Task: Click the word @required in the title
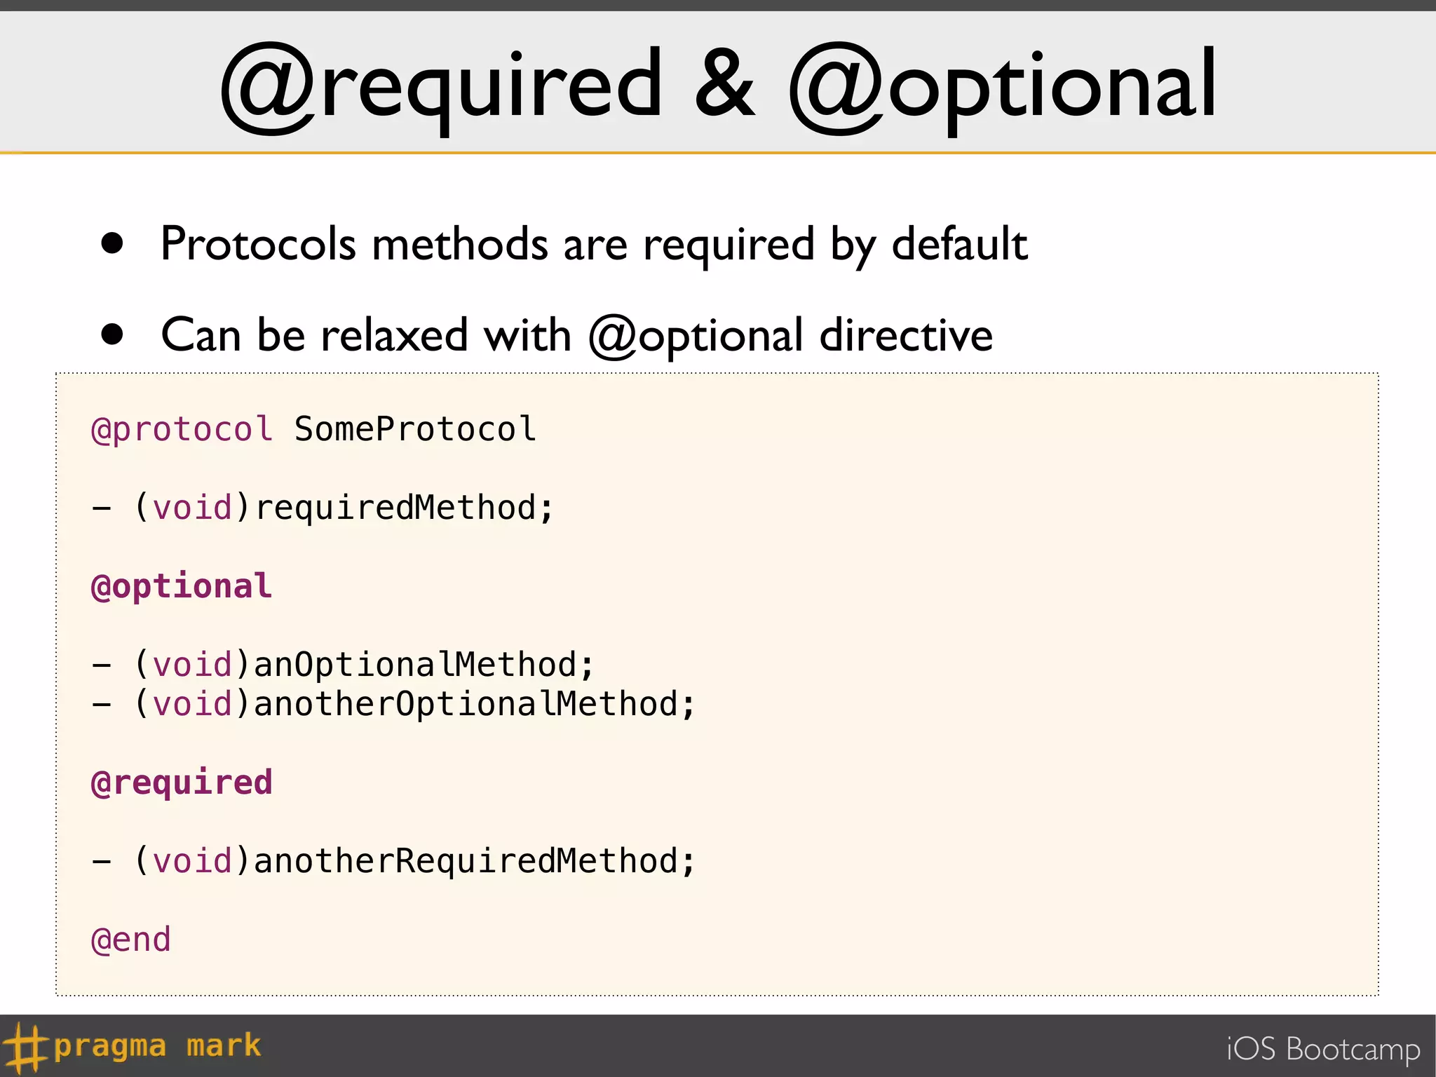pos(442,88)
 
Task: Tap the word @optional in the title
pos(1003,88)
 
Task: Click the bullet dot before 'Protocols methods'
pos(112,243)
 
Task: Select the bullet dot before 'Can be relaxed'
pos(112,334)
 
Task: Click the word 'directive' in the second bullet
pos(906,335)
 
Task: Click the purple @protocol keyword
pos(182,429)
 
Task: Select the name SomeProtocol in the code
pos(415,429)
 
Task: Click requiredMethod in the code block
pos(396,508)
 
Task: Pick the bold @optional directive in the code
pos(182,586)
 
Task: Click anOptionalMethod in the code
pos(415,665)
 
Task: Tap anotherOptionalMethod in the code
pos(466,704)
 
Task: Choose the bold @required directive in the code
pos(182,783)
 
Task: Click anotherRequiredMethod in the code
pos(466,861)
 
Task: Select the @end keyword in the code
pos(131,940)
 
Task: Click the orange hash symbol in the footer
pos(25,1048)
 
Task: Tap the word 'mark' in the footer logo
pos(224,1046)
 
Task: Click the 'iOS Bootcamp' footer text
pos(1323,1050)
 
